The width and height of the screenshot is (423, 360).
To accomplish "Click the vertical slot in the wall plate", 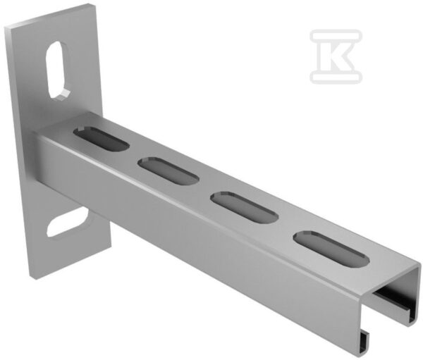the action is [x=57, y=70].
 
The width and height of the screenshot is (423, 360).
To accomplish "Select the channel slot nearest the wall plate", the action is [x=101, y=138].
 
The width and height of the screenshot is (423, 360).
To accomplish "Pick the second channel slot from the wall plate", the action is [x=168, y=171].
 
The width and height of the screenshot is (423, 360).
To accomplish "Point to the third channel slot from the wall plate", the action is [x=245, y=207].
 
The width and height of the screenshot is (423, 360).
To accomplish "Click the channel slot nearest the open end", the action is [x=331, y=249].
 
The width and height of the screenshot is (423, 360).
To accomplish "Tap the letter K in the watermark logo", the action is [x=338, y=56].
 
